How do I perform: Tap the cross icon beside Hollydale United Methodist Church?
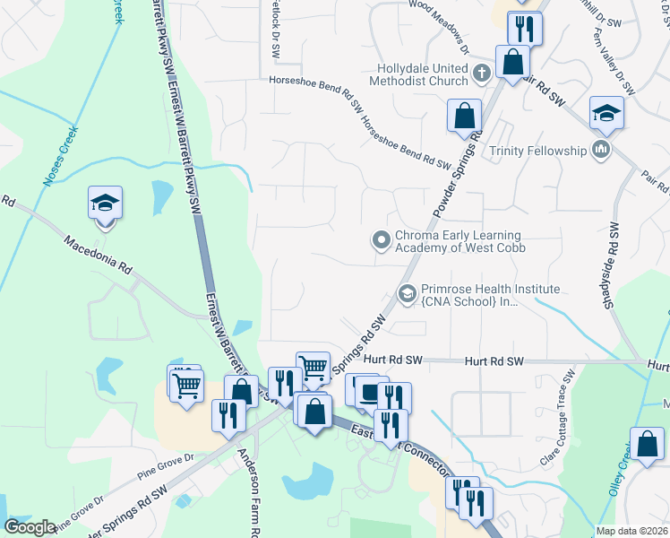(481, 73)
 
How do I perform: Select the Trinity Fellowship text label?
(537, 151)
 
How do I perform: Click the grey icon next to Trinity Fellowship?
(600, 149)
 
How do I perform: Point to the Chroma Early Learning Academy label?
(460, 240)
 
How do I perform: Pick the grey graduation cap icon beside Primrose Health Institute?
(408, 293)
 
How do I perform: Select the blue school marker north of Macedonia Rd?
(105, 204)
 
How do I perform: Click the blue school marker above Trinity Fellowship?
(606, 113)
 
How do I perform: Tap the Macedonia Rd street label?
(99, 255)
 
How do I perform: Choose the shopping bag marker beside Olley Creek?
(647, 445)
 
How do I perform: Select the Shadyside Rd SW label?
(611, 265)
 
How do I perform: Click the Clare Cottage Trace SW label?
(555, 418)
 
